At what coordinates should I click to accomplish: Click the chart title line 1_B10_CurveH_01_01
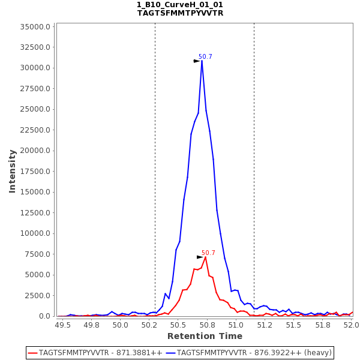(180, 5)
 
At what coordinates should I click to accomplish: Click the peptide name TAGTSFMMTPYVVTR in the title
(180, 13)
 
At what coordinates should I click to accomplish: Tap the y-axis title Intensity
(12, 171)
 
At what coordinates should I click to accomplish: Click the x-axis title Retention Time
(205, 337)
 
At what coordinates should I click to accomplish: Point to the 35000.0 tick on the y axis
(36, 27)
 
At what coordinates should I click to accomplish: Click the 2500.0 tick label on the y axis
(38, 296)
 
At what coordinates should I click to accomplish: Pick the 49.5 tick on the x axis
(62, 325)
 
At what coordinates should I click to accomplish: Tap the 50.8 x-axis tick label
(207, 325)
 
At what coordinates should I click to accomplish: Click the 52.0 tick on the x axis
(352, 325)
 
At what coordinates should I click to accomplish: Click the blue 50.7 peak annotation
(205, 57)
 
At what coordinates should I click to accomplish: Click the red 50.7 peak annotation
(208, 253)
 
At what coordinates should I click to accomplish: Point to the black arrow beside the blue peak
(196, 61)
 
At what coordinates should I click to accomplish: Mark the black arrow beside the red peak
(200, 257)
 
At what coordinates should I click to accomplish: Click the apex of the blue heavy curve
(202, 61)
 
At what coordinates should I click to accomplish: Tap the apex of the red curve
(205, 257)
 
